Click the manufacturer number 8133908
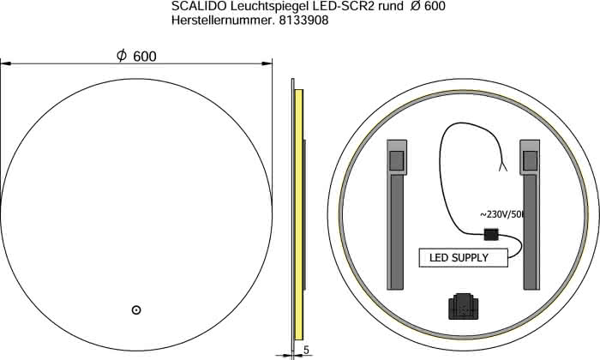(303, 21)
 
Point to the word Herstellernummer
(223, 21)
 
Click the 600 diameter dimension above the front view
(145, 57)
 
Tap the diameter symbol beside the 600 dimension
(122, 56)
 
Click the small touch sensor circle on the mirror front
(135, 310)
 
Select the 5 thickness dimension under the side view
(306, 350)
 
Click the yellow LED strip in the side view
(299, 214)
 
